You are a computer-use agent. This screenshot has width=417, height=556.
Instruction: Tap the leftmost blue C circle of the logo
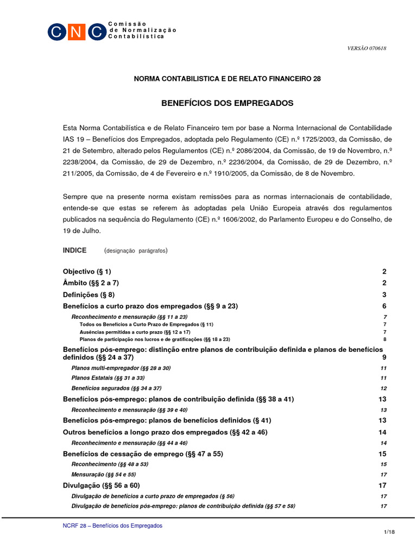point(57,32)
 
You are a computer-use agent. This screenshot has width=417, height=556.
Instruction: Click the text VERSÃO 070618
point(367,48)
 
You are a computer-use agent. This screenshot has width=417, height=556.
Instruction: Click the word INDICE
point(75,250)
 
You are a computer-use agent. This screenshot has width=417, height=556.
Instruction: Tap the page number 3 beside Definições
point(384,295)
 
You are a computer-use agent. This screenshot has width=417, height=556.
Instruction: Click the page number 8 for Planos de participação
point(384,339)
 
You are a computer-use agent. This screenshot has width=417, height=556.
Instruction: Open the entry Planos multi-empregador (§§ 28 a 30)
point(121,368)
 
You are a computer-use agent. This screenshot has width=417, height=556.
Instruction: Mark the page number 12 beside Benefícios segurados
point(383,388)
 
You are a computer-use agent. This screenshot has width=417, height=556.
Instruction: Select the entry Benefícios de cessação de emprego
point(143,453)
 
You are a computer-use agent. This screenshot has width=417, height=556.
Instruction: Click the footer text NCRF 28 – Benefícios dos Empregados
point(113,526)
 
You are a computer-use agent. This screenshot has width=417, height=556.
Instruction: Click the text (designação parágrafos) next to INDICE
point(136,251)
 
